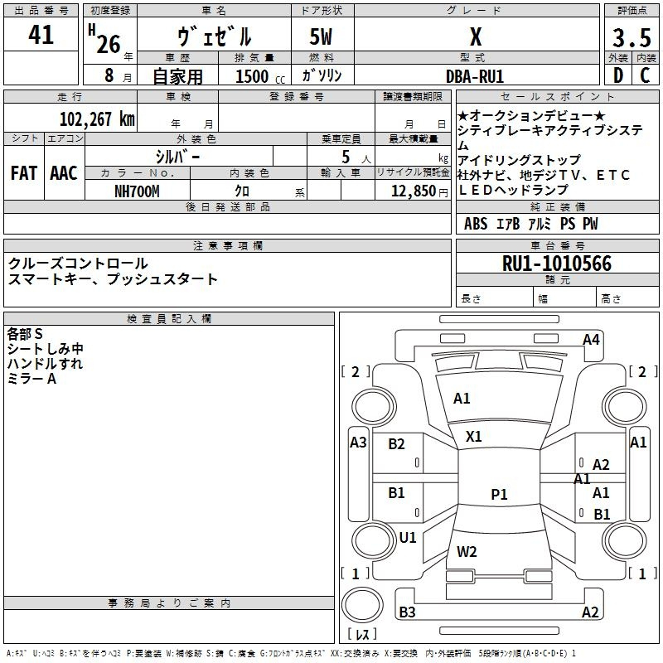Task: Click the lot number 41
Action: coord(41,36)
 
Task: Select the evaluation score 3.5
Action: coord(631,38)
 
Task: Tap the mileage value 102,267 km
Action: coord(97,119)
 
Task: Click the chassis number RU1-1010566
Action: coord(556,264)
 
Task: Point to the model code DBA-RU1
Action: coord(475,75)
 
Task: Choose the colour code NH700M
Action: coord(137,191)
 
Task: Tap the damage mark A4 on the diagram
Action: coord(591,339)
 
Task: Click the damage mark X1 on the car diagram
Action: coord(474,436)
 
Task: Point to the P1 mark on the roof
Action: coord(499,495)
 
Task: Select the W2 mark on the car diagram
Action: coord(467,551)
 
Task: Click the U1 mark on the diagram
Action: coord(408,538)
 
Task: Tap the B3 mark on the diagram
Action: coord(407,612)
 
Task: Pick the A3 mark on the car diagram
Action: coord(358,443)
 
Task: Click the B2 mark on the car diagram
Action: coord(397,444)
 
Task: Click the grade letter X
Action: coord(475,37)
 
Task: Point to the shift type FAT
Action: coord(24,173)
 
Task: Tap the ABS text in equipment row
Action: coord(476,224)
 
